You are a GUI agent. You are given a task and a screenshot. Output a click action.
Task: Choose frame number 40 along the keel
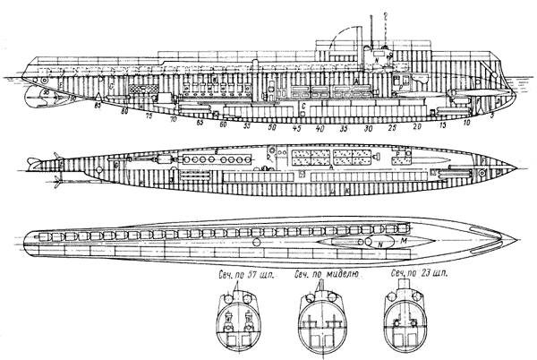tap(320, 129)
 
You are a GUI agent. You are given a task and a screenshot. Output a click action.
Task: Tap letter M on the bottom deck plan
tap(401, 240)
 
